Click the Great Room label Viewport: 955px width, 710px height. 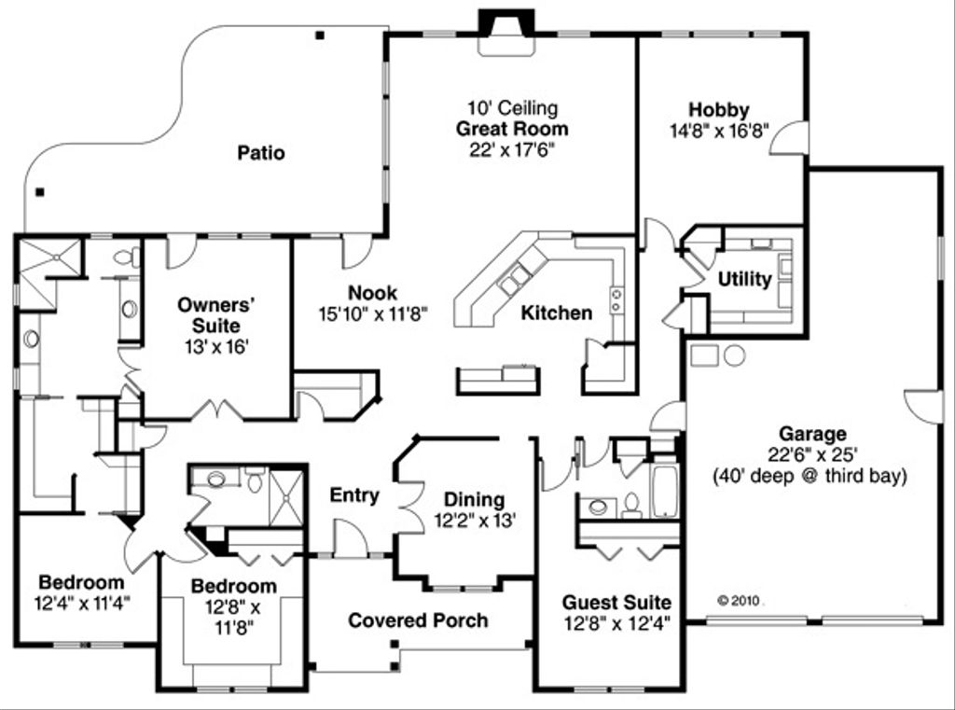coord(511,129)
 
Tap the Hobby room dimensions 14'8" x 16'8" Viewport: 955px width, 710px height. coord(719,131)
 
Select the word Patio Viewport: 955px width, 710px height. coord(261,153)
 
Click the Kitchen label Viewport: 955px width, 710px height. coord(556,313)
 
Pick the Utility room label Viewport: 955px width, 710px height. coord(744,280)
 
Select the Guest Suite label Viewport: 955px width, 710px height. coord(616,602)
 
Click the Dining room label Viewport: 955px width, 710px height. coord(474,499)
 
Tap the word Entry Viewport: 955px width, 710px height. coord(354,495)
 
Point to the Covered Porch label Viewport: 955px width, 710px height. coord(418,620)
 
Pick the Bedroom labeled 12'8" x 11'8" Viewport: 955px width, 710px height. coord(233,586)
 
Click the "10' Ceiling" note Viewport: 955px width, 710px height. coord(512,107)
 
